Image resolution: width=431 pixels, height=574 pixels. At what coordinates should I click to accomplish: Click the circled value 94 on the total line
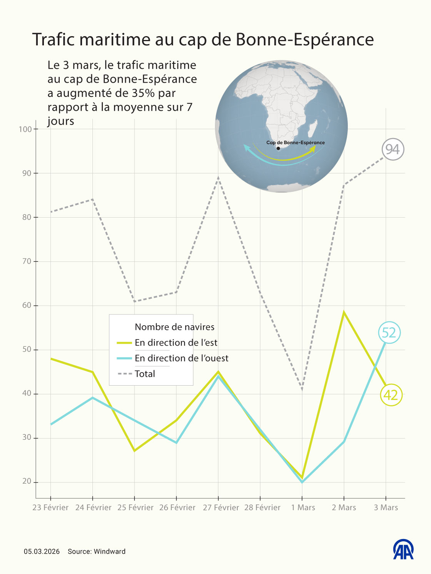tap(393, 149)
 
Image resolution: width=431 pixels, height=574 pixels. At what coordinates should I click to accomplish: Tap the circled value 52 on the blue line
tap(389, 333)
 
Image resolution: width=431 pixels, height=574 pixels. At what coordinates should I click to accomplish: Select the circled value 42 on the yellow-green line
tap(391, 395)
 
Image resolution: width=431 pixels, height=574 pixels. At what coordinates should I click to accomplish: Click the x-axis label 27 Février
tap(221, 507)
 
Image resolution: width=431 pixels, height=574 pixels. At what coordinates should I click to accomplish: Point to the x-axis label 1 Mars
tap(303, 507)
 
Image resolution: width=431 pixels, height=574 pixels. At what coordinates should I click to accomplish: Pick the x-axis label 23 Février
tap(50, 507)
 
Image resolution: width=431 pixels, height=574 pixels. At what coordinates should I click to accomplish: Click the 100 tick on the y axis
tap(25, 129)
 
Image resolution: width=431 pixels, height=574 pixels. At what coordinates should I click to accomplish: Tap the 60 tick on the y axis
tap(27, 306)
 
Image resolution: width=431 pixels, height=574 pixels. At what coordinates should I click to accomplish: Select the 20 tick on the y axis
tap(27, 481)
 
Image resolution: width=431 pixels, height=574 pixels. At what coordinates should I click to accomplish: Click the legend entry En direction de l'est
tap(176, 343)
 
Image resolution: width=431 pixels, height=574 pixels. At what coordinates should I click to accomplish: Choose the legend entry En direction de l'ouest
tap(181, 358)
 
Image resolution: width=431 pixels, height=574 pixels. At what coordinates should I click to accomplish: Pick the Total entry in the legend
tap(145, 374)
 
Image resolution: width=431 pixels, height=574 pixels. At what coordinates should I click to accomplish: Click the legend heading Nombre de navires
tap(174, 327)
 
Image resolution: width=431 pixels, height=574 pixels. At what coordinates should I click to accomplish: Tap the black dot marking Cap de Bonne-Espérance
tap(278, 148)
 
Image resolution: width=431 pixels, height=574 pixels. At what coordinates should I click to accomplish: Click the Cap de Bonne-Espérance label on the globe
tap(296, 143)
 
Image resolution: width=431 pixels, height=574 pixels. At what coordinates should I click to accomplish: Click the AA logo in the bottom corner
tap(403, 549)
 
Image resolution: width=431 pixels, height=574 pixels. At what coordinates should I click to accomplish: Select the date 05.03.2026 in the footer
tap(42, 551)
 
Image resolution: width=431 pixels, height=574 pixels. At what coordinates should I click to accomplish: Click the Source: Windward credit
tap(97, 551)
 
